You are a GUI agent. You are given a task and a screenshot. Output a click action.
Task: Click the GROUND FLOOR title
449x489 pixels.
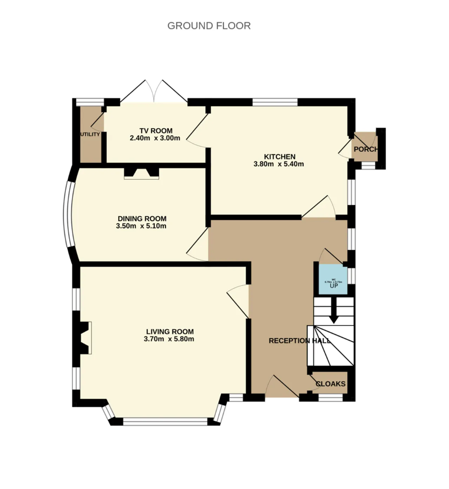[209, 26]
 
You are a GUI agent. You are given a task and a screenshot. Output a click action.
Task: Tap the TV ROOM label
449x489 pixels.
[156, 131]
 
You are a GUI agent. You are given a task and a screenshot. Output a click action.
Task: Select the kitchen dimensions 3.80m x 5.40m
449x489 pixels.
[279, 164]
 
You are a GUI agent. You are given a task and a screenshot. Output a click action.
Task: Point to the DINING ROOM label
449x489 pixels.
[142, 219]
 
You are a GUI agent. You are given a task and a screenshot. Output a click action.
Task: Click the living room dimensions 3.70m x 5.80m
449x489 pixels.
[169, 339]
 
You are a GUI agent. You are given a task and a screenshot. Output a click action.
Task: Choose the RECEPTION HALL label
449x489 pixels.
[299, 341]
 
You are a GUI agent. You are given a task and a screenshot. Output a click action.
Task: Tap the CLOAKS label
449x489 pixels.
[330, 384]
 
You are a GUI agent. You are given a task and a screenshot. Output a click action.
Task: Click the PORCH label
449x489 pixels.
[366, 149]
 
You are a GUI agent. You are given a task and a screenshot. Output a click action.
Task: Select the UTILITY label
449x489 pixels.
[90, 134]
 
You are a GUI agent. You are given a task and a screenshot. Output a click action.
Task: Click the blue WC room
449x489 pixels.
[333, 279]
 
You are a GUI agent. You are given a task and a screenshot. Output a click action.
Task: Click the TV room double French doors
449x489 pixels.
[154, 92]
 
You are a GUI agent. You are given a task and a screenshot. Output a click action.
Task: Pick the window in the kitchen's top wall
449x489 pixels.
[275, 102]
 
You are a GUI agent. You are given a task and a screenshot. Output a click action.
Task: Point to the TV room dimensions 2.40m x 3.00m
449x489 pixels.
[155, 138]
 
